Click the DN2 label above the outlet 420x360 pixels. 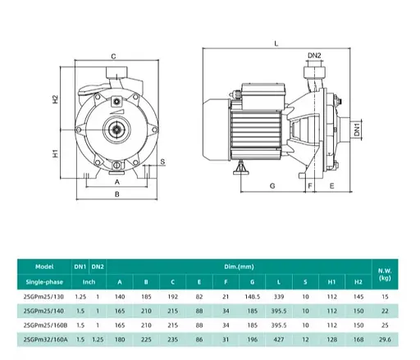click(314, 56)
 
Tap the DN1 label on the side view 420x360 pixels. click(357, 130)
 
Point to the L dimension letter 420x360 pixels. click(276, 43)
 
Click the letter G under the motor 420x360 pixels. click(272, 186)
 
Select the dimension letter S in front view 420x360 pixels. click(162, 162)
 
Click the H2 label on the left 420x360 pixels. click(56, 99)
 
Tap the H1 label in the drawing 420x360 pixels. click(56, 153)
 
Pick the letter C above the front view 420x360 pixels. click(113, 57)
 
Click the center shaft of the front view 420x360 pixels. click(117, 130)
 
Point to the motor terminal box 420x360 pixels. click(263, 95)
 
